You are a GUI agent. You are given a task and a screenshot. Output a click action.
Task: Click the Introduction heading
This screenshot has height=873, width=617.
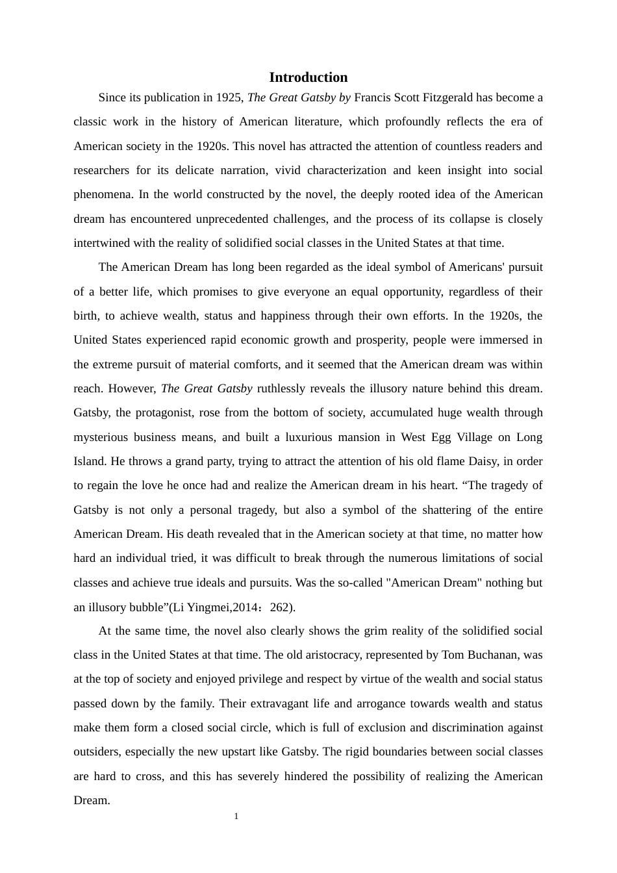pyautogui.click(x=308, y=77)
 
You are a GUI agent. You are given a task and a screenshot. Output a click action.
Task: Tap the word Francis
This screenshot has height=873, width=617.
pyautogui.click(x=372, y=97)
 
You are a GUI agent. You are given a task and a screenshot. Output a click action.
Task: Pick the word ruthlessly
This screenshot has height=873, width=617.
pyautogui.click(x=283, y=388)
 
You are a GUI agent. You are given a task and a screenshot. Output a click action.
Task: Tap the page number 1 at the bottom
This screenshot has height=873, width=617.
pyautogui.click(x=236, y=816)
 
